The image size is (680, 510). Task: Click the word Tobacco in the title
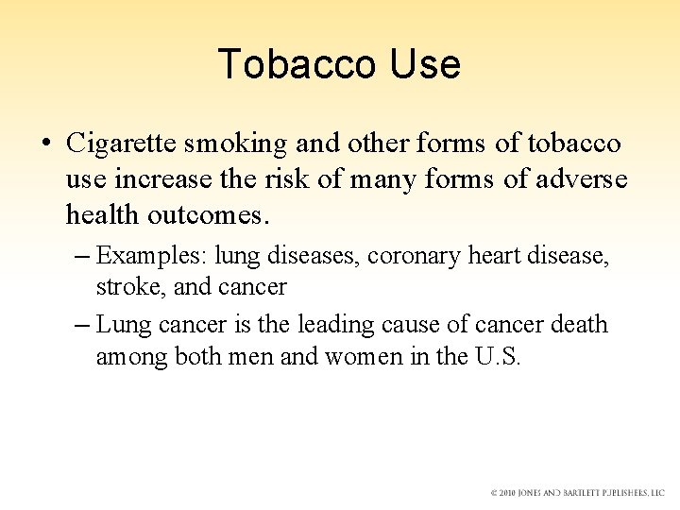295,63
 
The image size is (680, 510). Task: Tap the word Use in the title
423,63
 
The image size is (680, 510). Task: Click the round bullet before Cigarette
45,144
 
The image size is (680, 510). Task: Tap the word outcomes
208,216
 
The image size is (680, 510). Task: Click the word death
578,326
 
